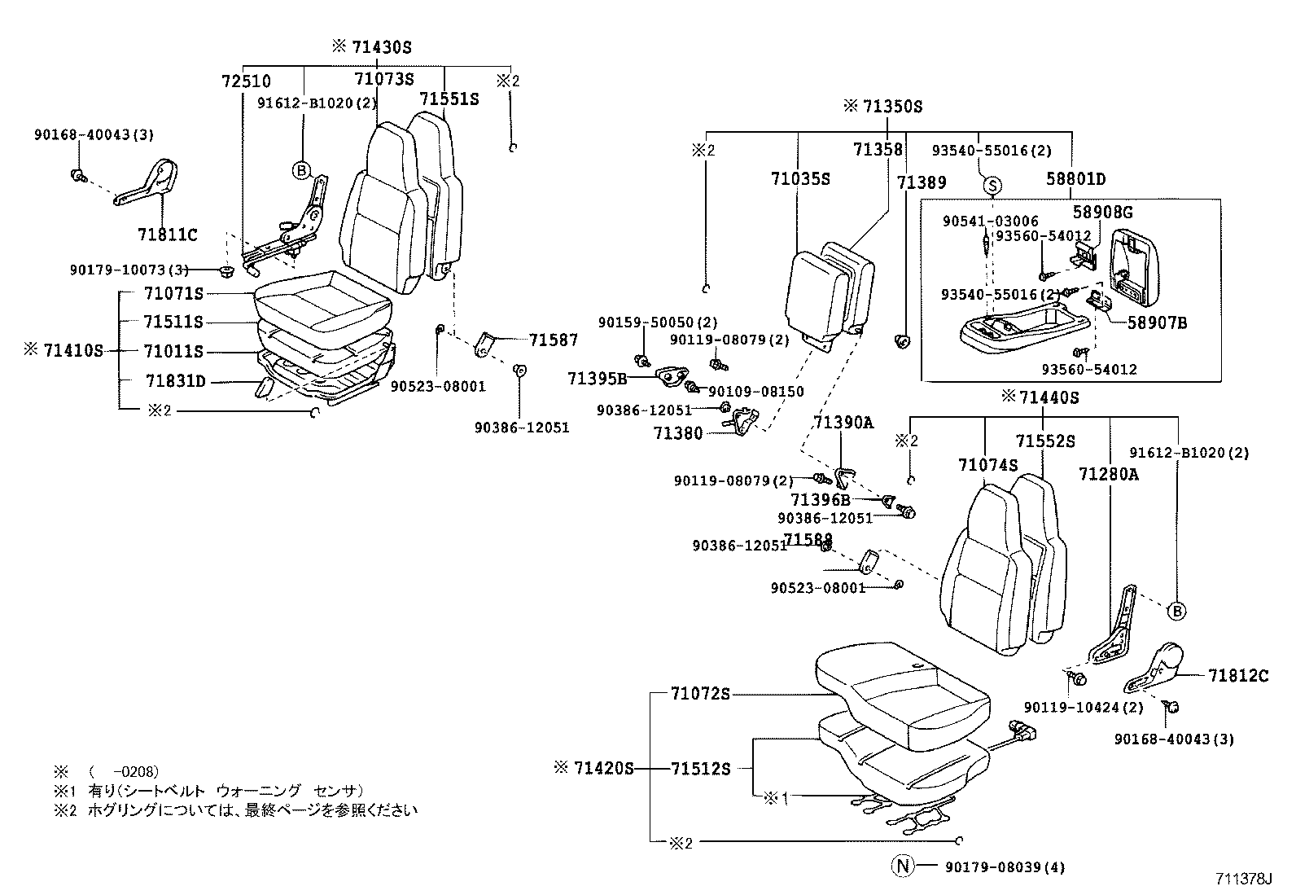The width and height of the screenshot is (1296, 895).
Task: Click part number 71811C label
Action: tap(168, 235)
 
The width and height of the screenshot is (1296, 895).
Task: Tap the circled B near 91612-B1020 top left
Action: tap(302, 170)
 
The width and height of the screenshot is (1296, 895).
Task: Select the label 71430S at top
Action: tap(382, 47)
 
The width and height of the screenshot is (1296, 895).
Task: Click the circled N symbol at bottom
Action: tap(902, 866)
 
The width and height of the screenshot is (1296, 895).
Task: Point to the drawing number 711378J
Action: tap(1243, 880)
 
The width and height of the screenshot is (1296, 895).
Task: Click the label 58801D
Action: tap(1076, 180)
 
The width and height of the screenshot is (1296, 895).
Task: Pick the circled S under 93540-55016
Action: tap(992, 186)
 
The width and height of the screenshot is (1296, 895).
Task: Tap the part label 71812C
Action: tap(1238, 675)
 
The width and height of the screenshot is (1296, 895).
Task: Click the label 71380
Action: tap(677, 433)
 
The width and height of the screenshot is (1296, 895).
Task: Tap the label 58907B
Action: tap(1157, 323)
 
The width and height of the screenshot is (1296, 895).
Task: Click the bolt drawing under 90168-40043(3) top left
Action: tap(77, 174)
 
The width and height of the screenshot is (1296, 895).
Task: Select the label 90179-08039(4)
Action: tap(1005, 867)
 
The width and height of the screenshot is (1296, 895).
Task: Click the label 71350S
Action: tap(892, 107)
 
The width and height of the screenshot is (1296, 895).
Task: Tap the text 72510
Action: tap(246, 81)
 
